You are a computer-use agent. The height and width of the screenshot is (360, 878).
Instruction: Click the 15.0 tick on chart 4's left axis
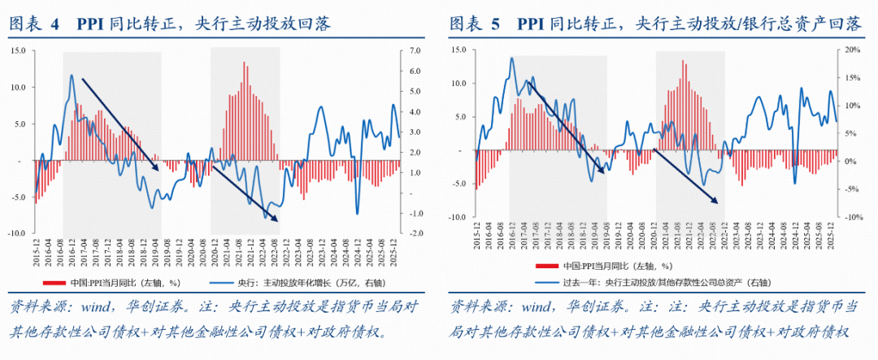point(18,50)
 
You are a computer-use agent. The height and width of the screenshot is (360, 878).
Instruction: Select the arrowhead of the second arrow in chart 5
point(719,202)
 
